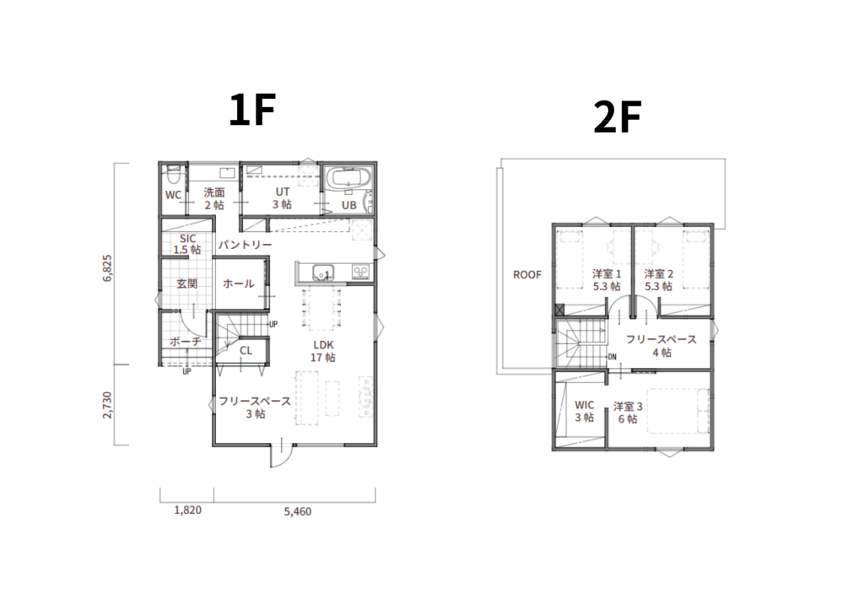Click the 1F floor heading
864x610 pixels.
(x=251, y=111)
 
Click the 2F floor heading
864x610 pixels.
(x=617, y=117)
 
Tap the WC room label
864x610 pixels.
(x=173, y=195)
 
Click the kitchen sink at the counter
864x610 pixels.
(x=323, y=273)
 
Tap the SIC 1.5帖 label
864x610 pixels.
(x=187, y=244)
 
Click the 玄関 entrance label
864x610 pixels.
(x=186, y=283)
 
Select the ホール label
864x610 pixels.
(x=238, y=283)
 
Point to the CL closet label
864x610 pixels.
(x=246, y=350)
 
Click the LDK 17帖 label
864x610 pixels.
(x=323, y=351)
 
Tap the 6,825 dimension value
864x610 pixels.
(x=107, y=268)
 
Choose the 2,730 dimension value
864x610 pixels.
(x=107, y=405)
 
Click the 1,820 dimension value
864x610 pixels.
(x=187, y=510)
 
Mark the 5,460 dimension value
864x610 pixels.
(x=298, y=512)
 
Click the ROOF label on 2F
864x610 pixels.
(x=527, y=274)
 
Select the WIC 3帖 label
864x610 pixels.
(x=585, y=411)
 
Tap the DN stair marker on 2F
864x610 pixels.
(x=613, y=357)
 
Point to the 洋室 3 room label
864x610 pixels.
(x=628, y=407)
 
